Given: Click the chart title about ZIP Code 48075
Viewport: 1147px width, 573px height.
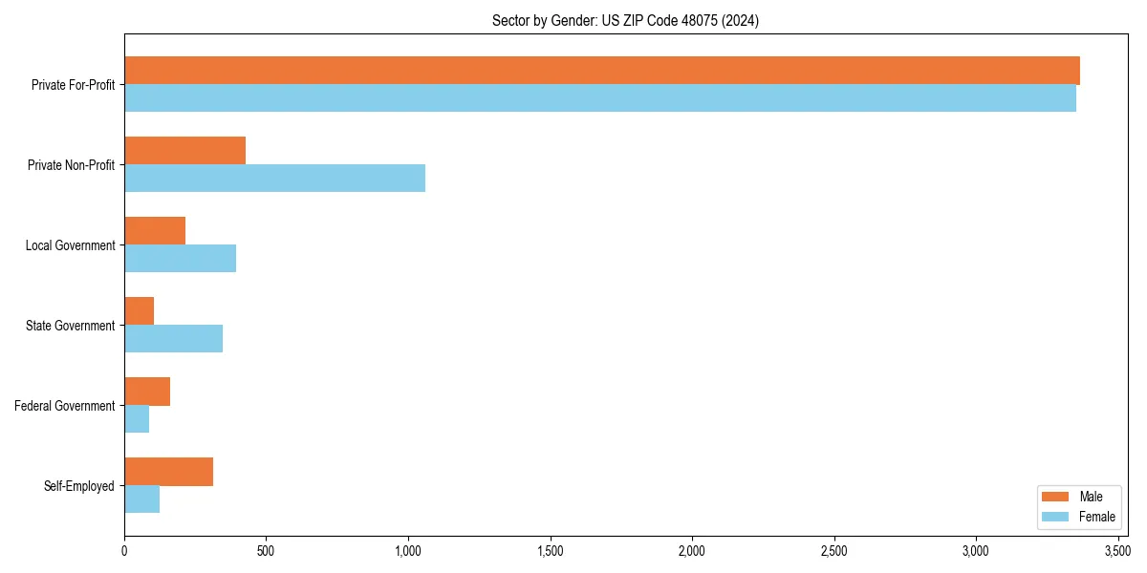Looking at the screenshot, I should pos(625,21).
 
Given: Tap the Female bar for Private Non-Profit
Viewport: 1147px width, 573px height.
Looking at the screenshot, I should pos(274,178).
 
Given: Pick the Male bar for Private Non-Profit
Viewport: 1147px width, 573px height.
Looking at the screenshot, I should pos(184,151).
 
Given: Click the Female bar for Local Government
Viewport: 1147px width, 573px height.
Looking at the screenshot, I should pos(180,258).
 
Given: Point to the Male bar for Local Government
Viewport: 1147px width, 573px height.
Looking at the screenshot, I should pos(155,231).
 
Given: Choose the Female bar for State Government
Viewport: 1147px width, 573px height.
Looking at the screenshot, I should pos(173,338).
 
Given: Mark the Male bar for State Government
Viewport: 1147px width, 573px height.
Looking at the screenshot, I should pos(139,311).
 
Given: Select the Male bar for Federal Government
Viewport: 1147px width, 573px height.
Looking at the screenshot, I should pos(147,392).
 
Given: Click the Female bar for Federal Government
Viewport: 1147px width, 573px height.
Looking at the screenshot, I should pos(137,418).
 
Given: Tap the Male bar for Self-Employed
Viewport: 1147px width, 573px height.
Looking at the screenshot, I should pos(168,472).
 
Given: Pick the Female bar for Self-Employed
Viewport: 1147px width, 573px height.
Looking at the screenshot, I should pos(141,499).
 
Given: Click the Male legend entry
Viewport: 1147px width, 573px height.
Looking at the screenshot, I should pos(1077,497).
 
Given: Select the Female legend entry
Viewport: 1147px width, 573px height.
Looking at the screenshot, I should pos(1077,517).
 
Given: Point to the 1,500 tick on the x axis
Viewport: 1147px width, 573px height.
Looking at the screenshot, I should pos(551,552).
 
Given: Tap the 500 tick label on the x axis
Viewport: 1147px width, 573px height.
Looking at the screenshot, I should pos(266,552).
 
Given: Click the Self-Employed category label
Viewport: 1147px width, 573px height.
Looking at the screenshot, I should pos(79,486).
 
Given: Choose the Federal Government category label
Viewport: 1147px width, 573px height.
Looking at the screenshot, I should pos(65,406).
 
